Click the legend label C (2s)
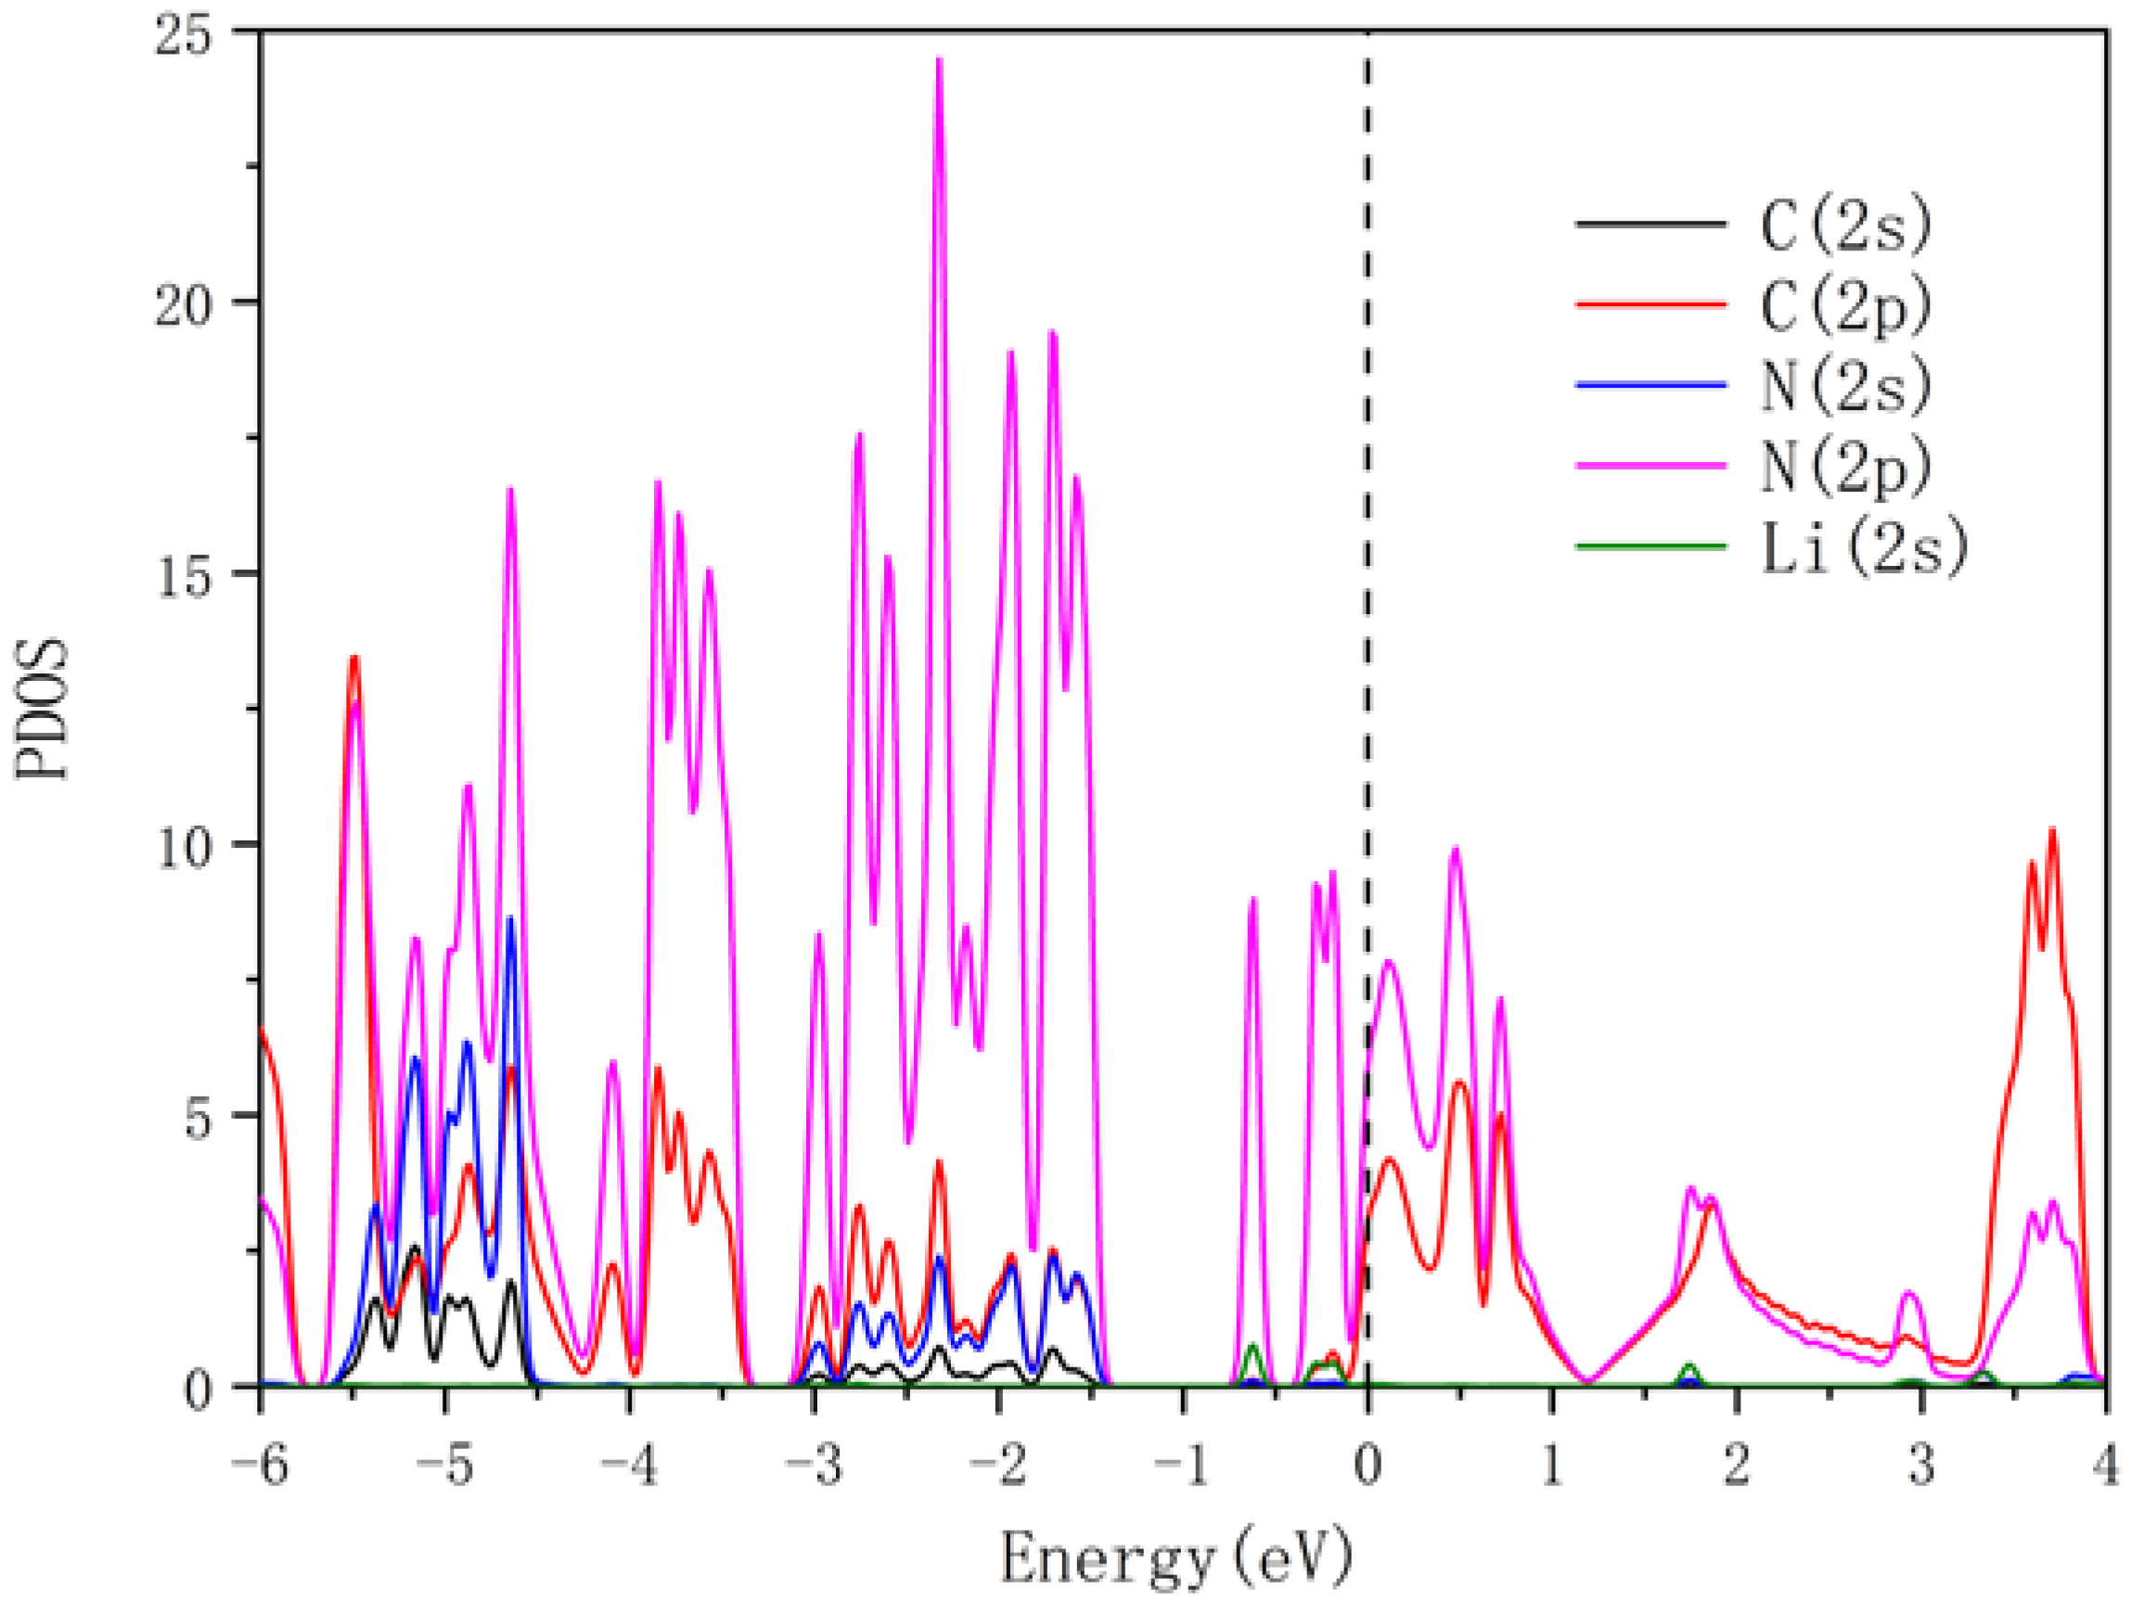[x=1846, y=224]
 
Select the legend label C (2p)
[x=1846, y=306]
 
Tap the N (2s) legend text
[x=1846, y=386]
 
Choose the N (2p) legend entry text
[x=1846, y=468]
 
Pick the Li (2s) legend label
[x=1863, y=548]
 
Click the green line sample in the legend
[x=1650, y=547]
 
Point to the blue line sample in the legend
[x=1650, y=385]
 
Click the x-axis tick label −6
[x=260, y=1467]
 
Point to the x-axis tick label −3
[x=814, y=1467]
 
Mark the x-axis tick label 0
[x=1367, y=1467]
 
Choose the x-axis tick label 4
[x=2105, y=1467]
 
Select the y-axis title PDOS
[x=43, y=708]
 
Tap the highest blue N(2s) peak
[x=509, y=920]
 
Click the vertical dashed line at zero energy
[x=1367, y=578]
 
